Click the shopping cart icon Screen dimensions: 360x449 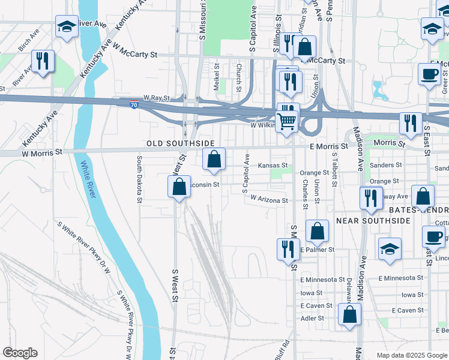click(287, 121)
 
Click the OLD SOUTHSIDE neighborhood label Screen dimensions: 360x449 click(181, 143)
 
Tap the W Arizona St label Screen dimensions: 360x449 click(270, 199)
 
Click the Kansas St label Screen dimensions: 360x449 click(273, 166)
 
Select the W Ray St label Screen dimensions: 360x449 click(157, 97)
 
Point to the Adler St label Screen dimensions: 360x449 click(312, 318)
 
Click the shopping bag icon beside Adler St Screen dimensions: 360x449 click(349, 313)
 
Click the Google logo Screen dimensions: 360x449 click(20, 353)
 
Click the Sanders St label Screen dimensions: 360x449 click(385, 165)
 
